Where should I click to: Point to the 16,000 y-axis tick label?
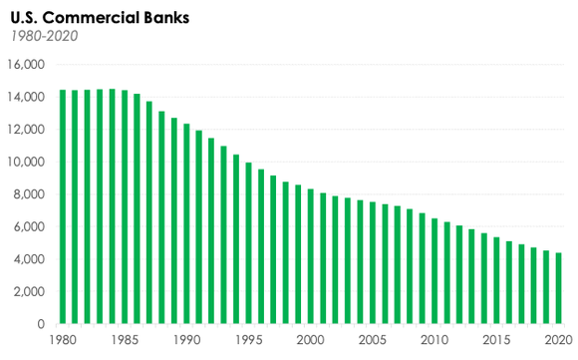coord(27,65)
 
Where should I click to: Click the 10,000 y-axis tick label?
coord(27,163)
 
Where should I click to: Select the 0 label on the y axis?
coord(42,324)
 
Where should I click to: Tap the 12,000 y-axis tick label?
coord(27,130)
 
